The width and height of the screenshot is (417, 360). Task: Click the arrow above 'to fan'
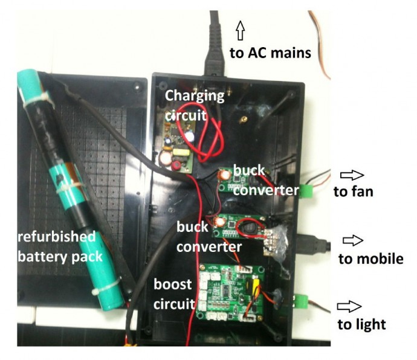pyautogui.click(x=353, y=175)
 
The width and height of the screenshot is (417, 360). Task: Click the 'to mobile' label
pyautogui.click(x=370, y=259)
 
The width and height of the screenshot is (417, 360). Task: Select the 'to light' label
pyautogui.click(x=361, y=324)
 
